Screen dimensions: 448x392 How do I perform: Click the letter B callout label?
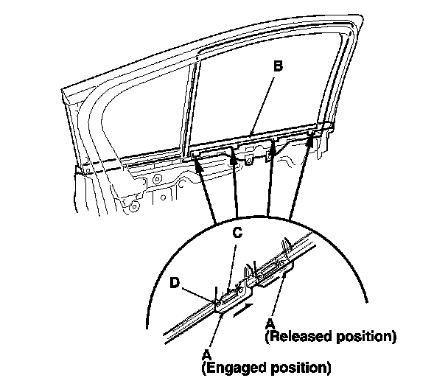[277, 66]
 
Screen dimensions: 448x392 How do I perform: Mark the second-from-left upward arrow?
[235, 188]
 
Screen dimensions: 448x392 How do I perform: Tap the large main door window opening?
[265, 96]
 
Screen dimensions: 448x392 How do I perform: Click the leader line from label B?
[262, 102]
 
